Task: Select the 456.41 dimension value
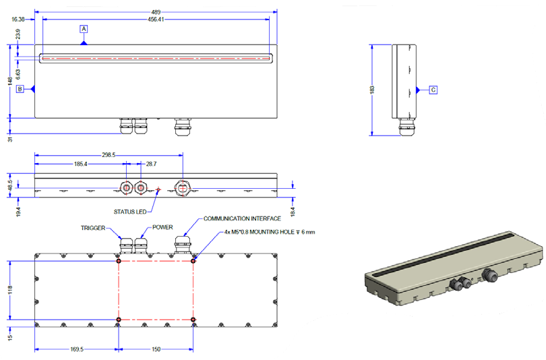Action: point(156,20)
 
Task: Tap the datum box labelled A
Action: point(84,29)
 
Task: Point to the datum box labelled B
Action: point(20,88)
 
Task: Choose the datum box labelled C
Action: point(433,89)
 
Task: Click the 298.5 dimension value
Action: point(108,154)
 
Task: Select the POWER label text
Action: point(162,229)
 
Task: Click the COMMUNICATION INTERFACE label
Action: point(243,219)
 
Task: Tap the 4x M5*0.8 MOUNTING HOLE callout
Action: point(270,232)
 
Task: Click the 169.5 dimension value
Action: point(76,350)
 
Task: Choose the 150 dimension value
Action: point(156,350)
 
